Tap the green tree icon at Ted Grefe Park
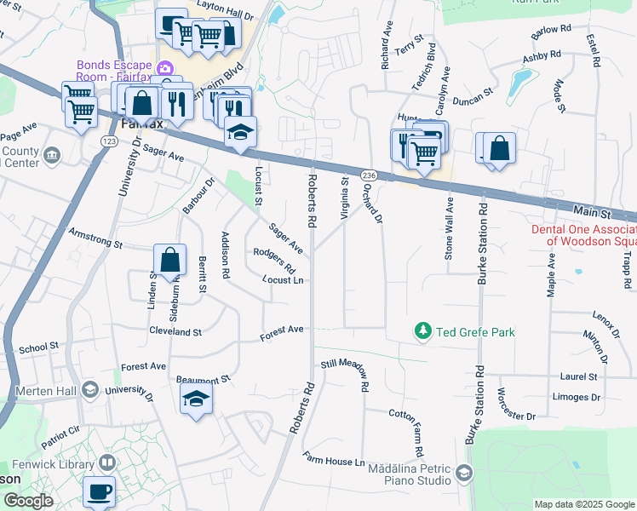421,330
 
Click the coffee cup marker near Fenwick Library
100,491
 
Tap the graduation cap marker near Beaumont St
196,399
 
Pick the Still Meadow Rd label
347,373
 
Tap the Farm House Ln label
334,462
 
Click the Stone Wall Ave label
448,233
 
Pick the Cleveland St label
175,331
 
